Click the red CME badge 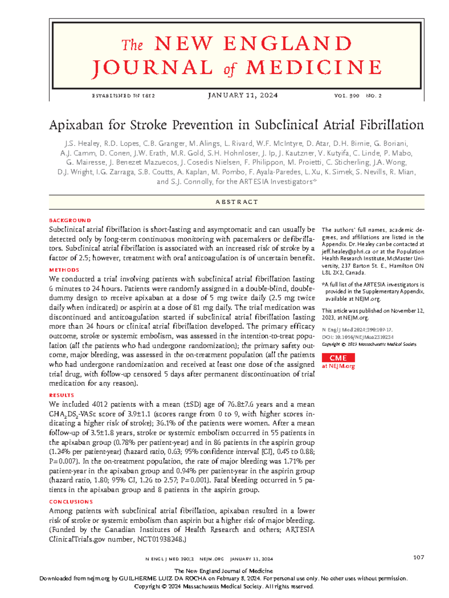pyautogui.click(x=338, y=358)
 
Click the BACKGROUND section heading pyautogui.click(x=70, y=220)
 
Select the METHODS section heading pyautogui.click(x=64, y=270)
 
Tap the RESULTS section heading pyautogui.click(x=62, y=395)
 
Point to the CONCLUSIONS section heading pyautogui.click(x=71, y=502)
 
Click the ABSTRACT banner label pyautogui.click(x=236, y=202)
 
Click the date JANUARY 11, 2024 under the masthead pyautogui.click(x=242, y=95)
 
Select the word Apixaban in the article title pyautogui.click(x=76, y=125)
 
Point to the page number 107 pyautogui.click(x=418, y=557)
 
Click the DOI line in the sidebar pyautogui.click(x=357, y=337)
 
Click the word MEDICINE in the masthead pyautogui.click(x=314, y=68)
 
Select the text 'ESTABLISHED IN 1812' pyautogui.click(x=123, y=96)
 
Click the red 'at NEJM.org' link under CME pyautogui.click(x=338, y=366)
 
